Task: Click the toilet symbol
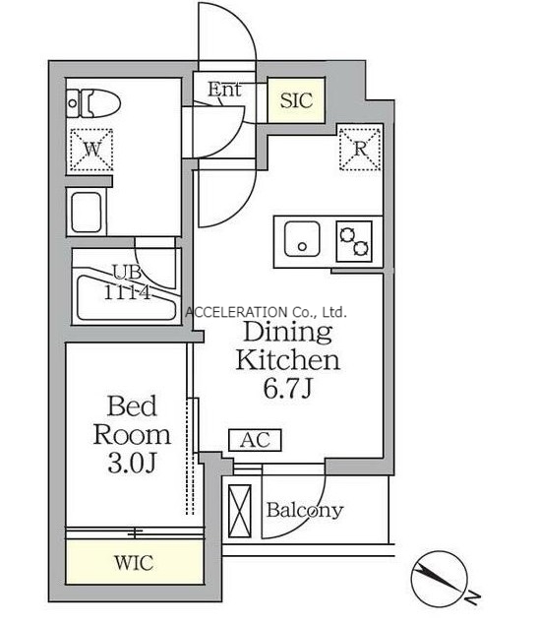pyautogui.click(x=93, y=103)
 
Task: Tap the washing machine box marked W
pyautogui.click(x=91, y=150)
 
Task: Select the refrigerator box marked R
pyautogui.click(x=360, y=149)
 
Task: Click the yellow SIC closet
pyautogui.click(x=296, y=100)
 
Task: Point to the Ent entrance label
pyautogui.click(x=224, y=90)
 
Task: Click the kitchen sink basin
pyautogui.click(x=302, y=239)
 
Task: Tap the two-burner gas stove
pyautogui.click(x=354, y=241)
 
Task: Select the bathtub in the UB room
pyautogui.click(x=126, y=293)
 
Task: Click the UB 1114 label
pyautogui.click(x=127, y=282)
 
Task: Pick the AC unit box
pyautogui.click(x=256, y=440)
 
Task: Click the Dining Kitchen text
pyautogui.click(x=287, y=346)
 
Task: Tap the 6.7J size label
pyautogui.click(x=287, y=388)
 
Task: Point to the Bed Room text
pyautogui.click(x=132, y=420)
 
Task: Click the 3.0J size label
pyautogui.click(x=132, y=463)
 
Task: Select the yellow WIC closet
pyautogui.click(x=135, y=562)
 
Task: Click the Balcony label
pyautogui.click(x=305, y=510)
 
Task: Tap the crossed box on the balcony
pyautogui.click(x=240, y=511)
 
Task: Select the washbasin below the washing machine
pyautogui.click(x=87, y=212)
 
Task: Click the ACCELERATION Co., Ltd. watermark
pyautogui.click(x=266, y=312)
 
